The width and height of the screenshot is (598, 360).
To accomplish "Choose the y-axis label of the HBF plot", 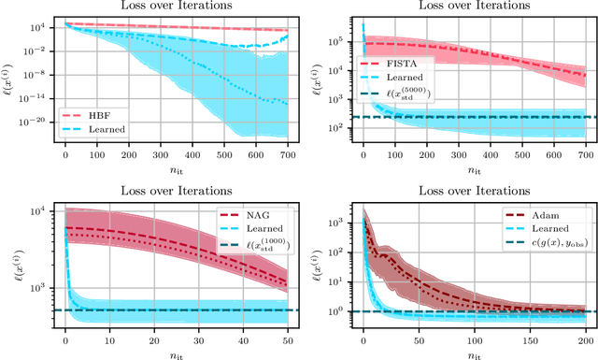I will [11, 80].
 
